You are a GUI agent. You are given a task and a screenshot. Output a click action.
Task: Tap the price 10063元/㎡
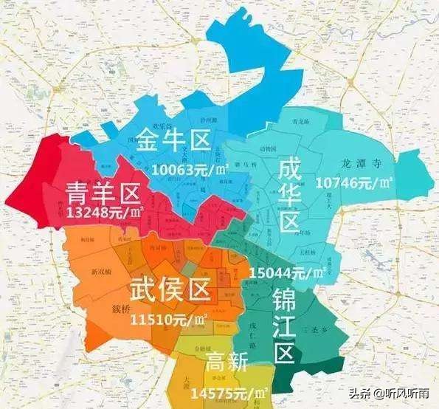pos(189,169)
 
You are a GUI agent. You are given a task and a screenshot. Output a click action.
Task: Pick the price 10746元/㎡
pos(353,181)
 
